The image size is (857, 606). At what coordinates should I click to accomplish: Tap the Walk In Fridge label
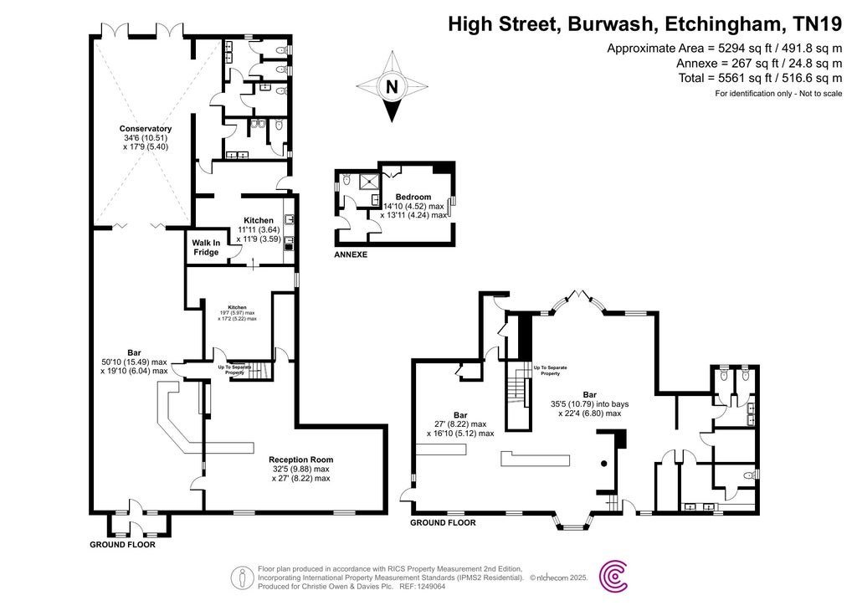pyautogui.click(x=206, y=248)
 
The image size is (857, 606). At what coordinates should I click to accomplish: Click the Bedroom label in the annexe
pyautogui.click(x=413, y=197)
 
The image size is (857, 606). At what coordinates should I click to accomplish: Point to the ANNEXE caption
pyautogui.click(x=351, y=254)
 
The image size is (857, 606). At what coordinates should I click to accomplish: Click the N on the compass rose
pyautogui.click(x=391, y=86)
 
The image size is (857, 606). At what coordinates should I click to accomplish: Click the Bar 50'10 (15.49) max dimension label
pyautogui.click(x=134, y=362)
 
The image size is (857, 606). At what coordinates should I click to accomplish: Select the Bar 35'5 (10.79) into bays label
pyautogui.click(x=589, y=403)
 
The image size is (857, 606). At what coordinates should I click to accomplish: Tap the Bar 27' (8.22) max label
pyautogui.click(x=460, y=424)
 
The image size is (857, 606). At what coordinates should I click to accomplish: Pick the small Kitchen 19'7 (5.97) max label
pyautogui.click(x=238, y=313)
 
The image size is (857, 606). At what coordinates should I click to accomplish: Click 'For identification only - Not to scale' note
pyautogui.click(x=778, y=93)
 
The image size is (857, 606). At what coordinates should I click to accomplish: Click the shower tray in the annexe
pyautogui.click(x=369, y=182)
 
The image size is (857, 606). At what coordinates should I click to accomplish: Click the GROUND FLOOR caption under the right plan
pyautogui.click(x=443, y=522)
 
